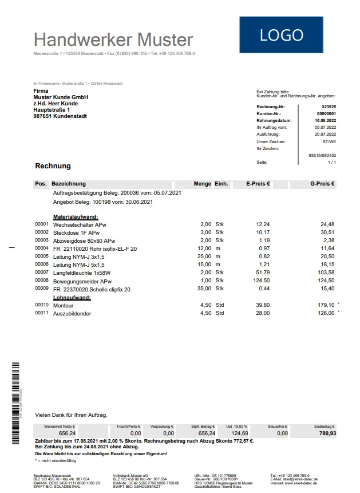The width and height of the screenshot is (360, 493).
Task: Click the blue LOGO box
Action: click(282, 35)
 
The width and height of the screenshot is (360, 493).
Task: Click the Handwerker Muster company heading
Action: click(113, 40)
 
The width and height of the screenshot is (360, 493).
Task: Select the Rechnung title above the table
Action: click(53, 166)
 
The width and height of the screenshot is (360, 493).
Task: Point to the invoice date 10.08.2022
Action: click(325, 121)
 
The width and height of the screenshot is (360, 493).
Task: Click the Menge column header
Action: click(203, 184)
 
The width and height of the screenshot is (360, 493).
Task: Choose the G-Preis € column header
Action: click(323, 184)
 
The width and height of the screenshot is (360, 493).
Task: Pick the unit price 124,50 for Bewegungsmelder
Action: click(260, 281)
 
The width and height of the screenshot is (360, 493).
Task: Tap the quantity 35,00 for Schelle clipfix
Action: click(203, 289)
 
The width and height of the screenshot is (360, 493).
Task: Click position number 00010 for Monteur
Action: click(42, 305)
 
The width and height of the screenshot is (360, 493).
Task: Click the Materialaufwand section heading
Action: click(76, 217)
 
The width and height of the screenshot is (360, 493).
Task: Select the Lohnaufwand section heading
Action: click(72, 298)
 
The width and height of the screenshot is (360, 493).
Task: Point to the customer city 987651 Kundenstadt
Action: click(60, 116)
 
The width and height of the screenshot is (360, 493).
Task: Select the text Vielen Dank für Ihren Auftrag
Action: click(71, 415)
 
